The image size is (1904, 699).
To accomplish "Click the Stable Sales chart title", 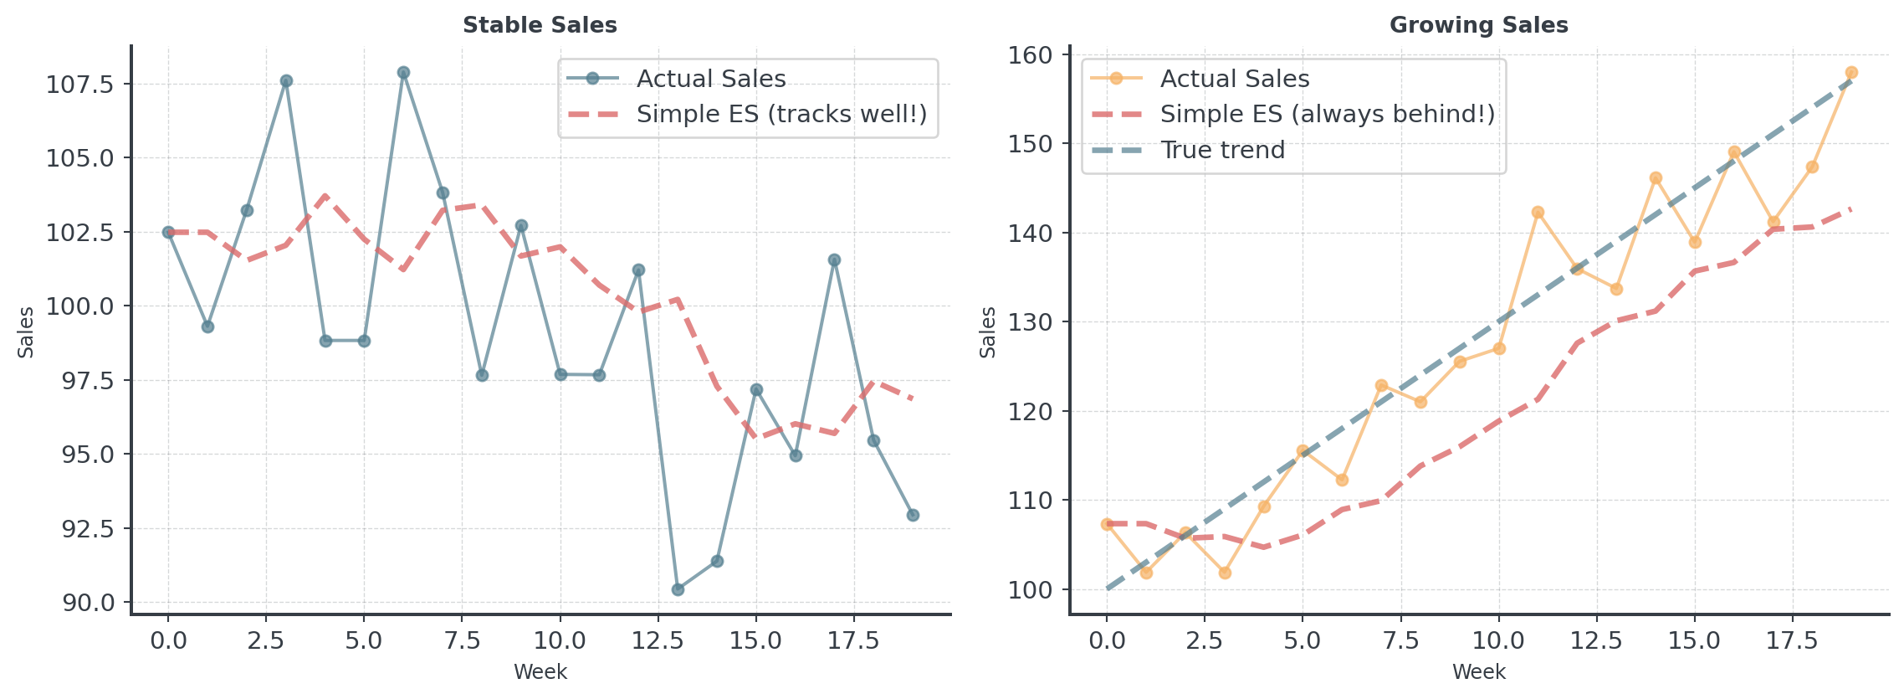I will point(540,25).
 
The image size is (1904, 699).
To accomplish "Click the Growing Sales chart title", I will point(1478,25).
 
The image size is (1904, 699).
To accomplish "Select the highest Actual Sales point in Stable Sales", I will point(403,73).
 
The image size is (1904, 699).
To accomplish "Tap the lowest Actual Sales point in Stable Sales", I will point(678,589).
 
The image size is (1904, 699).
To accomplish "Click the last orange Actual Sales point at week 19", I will point(1851,73).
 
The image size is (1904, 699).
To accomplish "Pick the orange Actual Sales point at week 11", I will point(1538,213).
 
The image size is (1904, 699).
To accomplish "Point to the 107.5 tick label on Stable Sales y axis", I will point(79,84).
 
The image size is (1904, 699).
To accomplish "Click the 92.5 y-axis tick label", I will point(84,528).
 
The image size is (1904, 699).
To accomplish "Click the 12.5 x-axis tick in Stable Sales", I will point(658,641).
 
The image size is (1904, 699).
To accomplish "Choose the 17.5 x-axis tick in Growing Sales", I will point(1792,641).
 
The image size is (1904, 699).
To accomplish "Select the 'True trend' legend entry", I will point(1222,151).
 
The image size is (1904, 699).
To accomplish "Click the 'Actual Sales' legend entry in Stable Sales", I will point(710,79).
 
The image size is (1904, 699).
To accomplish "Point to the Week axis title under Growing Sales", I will point(1478,671).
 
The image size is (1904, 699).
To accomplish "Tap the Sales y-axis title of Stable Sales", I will point(27,332).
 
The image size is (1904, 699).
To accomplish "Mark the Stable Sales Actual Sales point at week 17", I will point(834,260).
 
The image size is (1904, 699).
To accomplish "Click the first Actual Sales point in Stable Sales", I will point(168,233).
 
